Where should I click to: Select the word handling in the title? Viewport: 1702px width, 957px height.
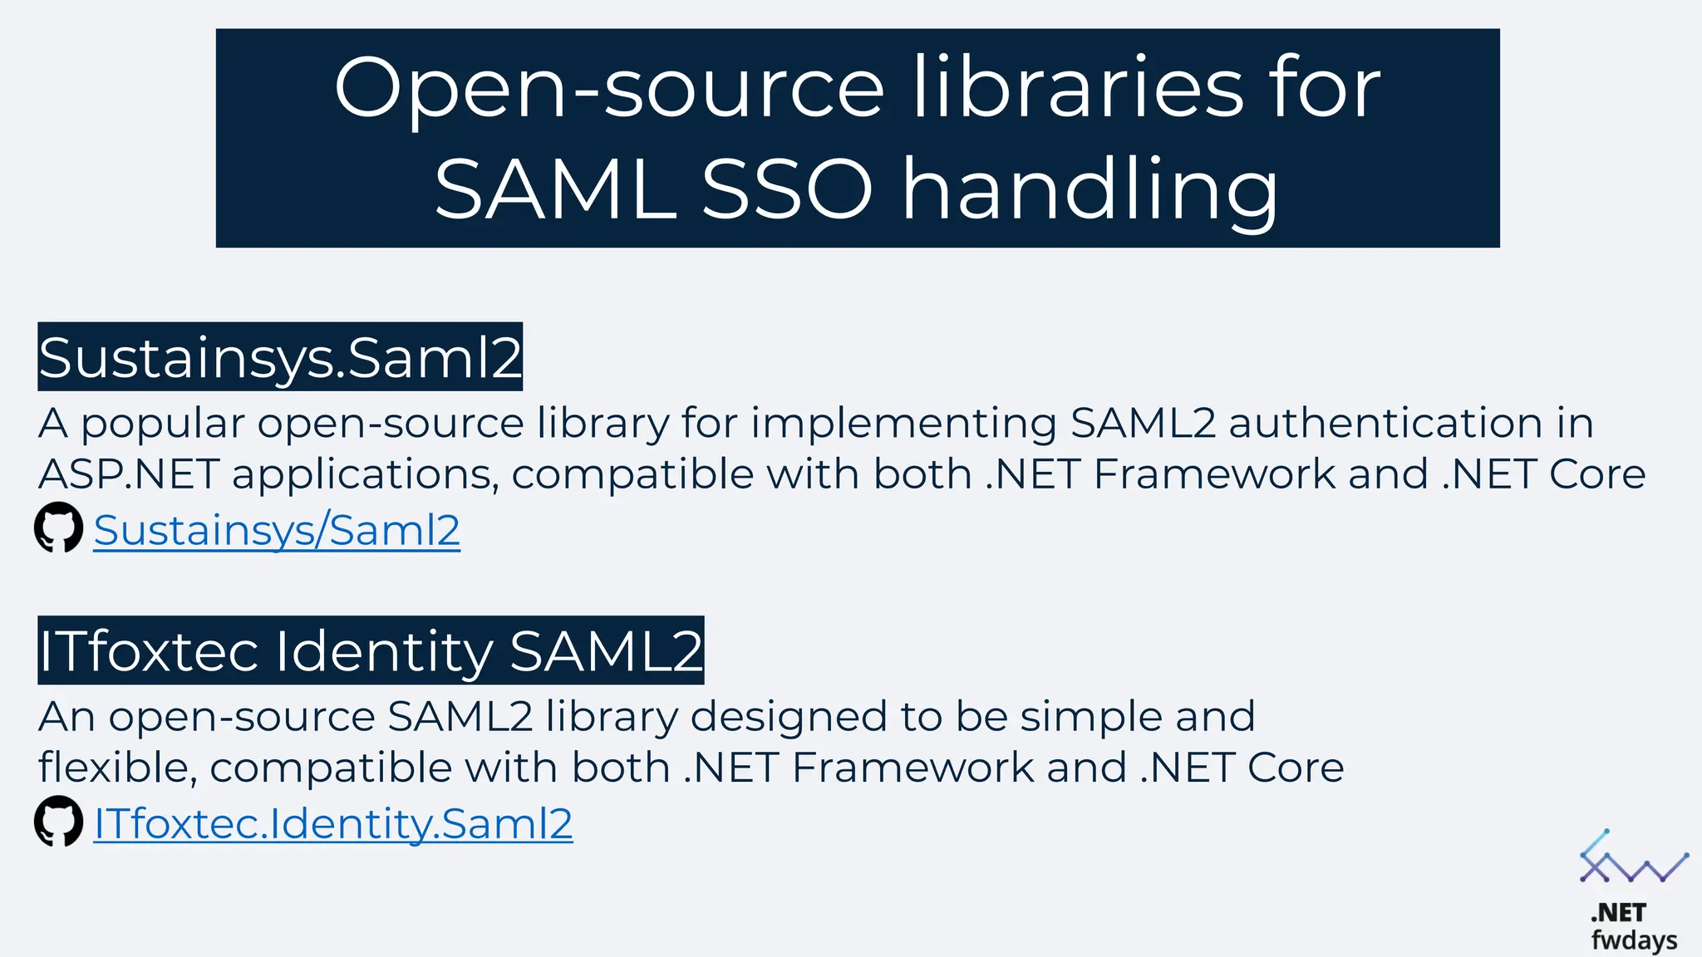tap(1090, 191)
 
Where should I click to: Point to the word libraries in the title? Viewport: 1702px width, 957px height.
tap(1079, 87)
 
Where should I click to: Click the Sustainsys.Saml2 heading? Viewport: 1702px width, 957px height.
tap(280, 357)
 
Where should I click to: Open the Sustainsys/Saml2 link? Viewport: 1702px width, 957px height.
tap(277, 530)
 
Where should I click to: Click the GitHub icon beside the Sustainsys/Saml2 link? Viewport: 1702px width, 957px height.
tap(58, 528)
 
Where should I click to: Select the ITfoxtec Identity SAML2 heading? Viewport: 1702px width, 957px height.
tap(371, 650)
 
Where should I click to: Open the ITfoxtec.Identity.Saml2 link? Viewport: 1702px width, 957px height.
tap(333, 823)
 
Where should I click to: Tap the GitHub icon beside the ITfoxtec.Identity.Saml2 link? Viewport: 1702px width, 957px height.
tap(58, 822)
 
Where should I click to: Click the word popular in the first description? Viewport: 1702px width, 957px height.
tap(163, 425)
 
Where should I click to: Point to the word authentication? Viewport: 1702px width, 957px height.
tap(1385, 423)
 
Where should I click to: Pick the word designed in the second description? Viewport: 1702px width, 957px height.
tap(788, 717)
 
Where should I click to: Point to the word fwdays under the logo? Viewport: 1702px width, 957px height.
tap(1634, 940)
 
